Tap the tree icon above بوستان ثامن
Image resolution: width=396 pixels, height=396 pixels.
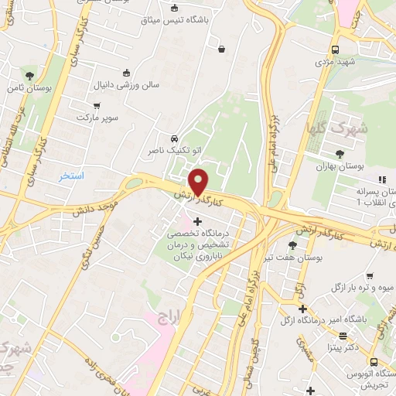29,76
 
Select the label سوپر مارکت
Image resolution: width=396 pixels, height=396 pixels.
95,117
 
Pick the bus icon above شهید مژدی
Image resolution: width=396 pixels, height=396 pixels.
335,49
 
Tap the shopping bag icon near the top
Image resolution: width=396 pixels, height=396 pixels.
223,49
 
